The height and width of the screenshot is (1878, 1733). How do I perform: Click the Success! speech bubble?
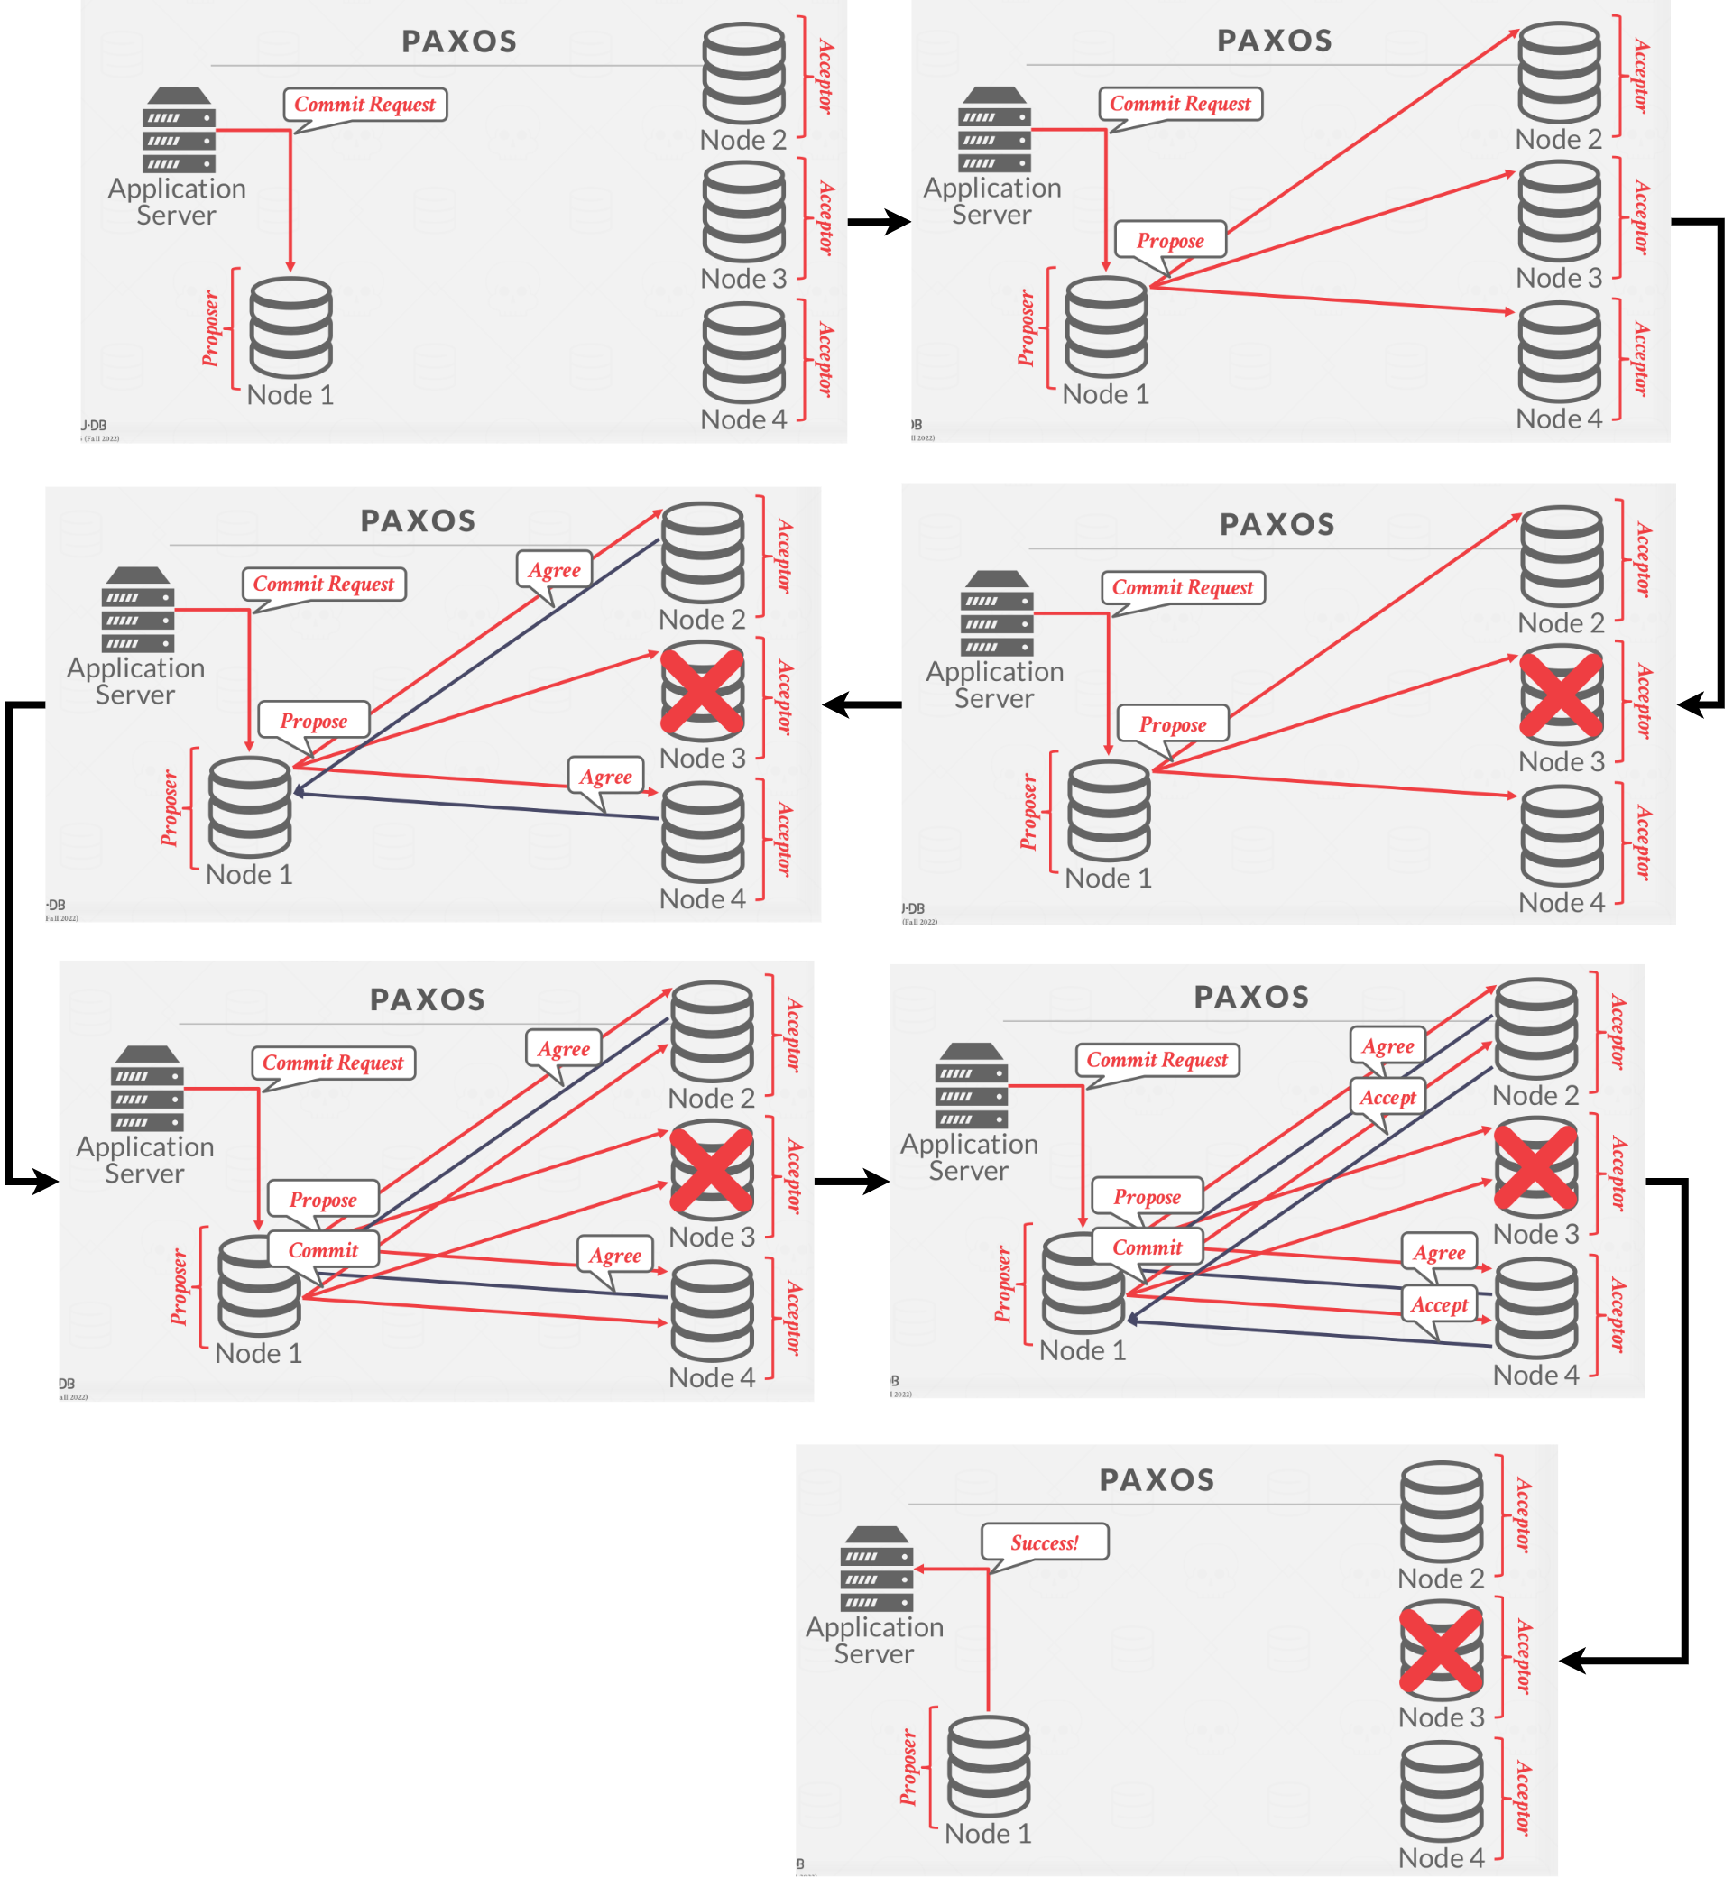pyautogui.click(x=1044, y=1542)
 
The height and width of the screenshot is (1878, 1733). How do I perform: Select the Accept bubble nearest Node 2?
pyautogui.click(x=1387, y=1097)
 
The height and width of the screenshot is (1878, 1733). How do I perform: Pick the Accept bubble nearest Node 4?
pyautogui.click(x=1439, y=1304)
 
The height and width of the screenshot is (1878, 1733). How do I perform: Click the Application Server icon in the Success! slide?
pyautogui.click(x=877, y=1568)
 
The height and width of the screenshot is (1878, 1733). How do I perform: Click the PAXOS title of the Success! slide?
pyautogui.click(x=1157, y=1480)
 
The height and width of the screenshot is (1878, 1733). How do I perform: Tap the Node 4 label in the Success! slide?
pyautogui.click(x=1441, y=1857)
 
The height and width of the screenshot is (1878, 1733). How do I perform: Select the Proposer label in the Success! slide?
pyautogui.click(x=908, y=1767)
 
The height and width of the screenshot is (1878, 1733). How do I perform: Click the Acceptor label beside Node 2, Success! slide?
pyautogui.click(x=1523, y=1515)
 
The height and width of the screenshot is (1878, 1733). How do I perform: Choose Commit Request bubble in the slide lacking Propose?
pyautogui.click(x=364, y=104)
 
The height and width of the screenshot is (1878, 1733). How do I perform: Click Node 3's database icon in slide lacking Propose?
pyautogui.click(x=743, y=212)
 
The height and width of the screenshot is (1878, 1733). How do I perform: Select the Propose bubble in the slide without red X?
pyautogui.click(x=1169, y=241)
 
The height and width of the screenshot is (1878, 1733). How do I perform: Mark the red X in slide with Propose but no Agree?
pyautogui.click(x=1561, y=695)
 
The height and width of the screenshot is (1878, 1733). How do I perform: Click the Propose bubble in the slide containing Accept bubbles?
pyautogui.click(x=1146, y=1197)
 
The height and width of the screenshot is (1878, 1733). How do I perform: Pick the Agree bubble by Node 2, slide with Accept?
pyautogui.click(x=1387, y=1046)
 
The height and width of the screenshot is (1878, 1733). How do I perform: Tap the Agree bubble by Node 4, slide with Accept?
pyautogui.click(x=1439, y=1253)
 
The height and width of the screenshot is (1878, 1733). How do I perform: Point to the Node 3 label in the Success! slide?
pyautogui.click(x=1441, y=1717)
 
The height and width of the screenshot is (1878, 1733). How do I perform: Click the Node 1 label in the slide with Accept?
pyautogui.click(x=1083, y=1350)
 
